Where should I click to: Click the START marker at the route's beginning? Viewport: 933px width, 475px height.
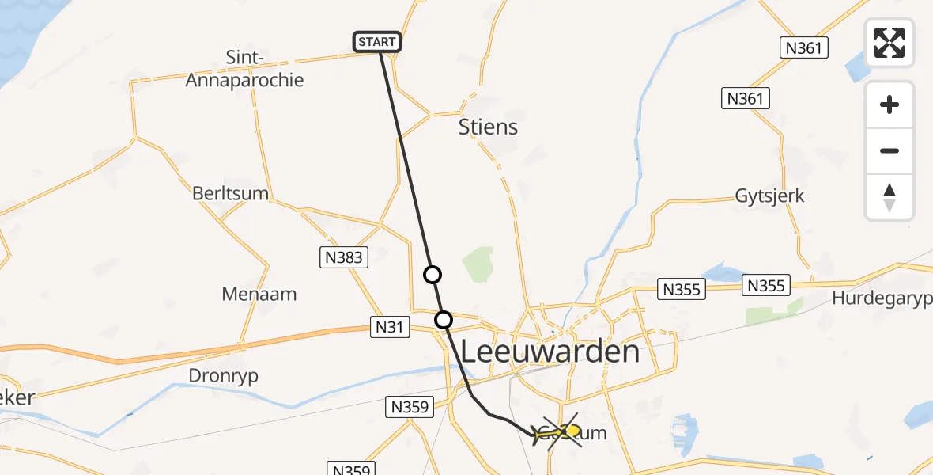(x=376, y=42)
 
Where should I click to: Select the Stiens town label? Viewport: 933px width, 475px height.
(x=488, y=127)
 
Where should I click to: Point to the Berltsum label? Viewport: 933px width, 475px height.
(x=230, y=194)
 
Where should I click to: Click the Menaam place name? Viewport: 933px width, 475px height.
(x=259, y=294)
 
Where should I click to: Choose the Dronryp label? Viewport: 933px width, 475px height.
(x=224, y=376)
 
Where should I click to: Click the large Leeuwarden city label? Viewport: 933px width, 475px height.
(x=550, y=351)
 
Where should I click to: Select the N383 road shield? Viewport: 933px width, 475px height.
(x=344, y=256)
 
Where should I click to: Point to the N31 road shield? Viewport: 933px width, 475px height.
(x=391, y=325)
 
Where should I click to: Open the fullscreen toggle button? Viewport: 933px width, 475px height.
(x=890, y=43)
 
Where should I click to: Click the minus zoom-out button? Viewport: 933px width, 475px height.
(x=890, y=151)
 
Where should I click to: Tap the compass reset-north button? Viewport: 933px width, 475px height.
(x=890, y=197)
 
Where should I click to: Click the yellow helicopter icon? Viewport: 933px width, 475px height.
(x=556, y=432)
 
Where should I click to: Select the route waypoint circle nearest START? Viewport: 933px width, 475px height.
(x=433, y=275)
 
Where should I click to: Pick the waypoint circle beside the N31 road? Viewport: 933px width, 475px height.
(x=444, y=320)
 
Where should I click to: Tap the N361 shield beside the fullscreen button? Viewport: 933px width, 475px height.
(x=805, y=48)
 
